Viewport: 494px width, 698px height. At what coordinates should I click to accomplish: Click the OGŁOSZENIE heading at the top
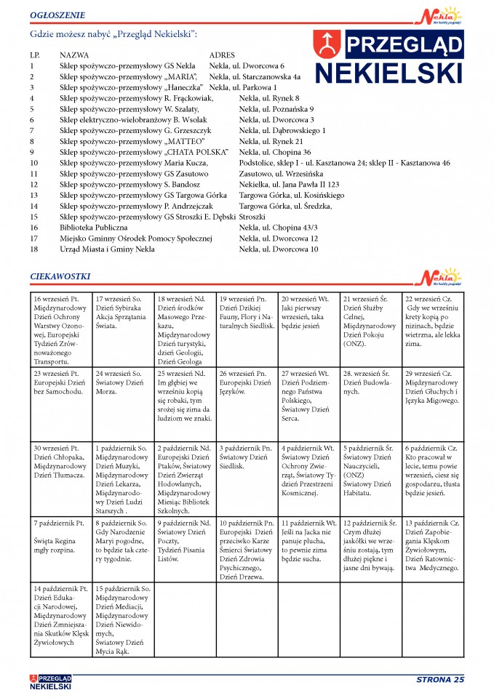click(x=57, y=15)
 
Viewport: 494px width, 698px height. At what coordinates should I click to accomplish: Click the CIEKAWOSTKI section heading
click(x=60, y=276)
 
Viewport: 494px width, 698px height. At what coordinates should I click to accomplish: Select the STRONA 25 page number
click(x=439, y=680)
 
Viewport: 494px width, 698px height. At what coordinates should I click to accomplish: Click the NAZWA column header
click(x=74, y=55)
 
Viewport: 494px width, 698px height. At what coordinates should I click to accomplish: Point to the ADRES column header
click(x=221, y=55)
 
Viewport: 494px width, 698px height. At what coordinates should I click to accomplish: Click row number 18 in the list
click(x=33, y=249)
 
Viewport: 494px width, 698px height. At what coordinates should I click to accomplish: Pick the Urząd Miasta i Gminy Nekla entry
click(x=108, y=249)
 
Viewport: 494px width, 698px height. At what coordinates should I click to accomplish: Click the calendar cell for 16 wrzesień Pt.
click(x=61, y=329)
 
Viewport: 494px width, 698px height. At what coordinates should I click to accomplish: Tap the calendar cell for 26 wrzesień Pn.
click(x=247, y=401)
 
